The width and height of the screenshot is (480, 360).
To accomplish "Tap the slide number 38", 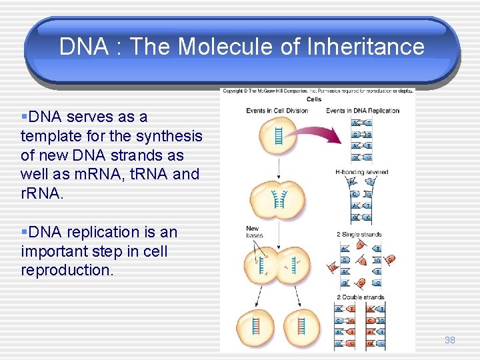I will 450,340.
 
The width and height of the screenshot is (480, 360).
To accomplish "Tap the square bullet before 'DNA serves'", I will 23,117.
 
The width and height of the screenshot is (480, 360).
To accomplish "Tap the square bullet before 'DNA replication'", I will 23,232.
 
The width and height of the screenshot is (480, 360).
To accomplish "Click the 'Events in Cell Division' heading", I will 277,111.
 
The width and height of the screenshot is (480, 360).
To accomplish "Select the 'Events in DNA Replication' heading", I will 363,111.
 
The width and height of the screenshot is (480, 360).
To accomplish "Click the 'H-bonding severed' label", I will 362,172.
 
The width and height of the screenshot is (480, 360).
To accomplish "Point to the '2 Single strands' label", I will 360,235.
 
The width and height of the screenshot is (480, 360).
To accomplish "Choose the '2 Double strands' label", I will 360,297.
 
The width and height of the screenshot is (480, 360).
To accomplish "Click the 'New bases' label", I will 254,232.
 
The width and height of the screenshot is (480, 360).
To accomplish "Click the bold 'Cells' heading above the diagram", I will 313,99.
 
